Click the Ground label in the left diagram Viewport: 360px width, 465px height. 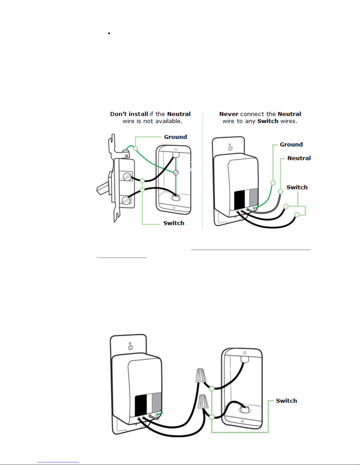(x=175, y=137)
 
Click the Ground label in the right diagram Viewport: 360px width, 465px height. (x=291, y=145)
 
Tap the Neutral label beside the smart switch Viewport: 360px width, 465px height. (x=299, y=158)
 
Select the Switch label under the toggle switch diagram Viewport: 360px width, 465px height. (x=174, y=223)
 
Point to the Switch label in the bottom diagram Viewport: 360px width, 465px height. (x=286, y=401)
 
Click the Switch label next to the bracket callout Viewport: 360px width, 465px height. (x=297, y=187)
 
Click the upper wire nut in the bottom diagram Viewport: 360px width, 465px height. (x=201, y=376)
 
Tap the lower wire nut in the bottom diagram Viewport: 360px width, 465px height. (x=204, y=402)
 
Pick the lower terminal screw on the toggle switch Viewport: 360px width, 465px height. (x=126, y=200)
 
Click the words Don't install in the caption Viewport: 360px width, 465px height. (x=129, y=114)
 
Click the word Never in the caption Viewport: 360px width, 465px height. (x=229, y=114)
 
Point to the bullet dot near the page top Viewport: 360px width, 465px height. (x=109, y=33)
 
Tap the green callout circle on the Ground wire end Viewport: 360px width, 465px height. (x=273, y=183)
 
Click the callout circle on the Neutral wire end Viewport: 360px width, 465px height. (x=281, y=191)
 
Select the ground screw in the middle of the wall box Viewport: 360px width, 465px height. (x=176, y=173)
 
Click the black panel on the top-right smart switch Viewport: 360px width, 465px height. (x=239, y=199)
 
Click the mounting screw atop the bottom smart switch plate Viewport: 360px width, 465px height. (x=130, y=348)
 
